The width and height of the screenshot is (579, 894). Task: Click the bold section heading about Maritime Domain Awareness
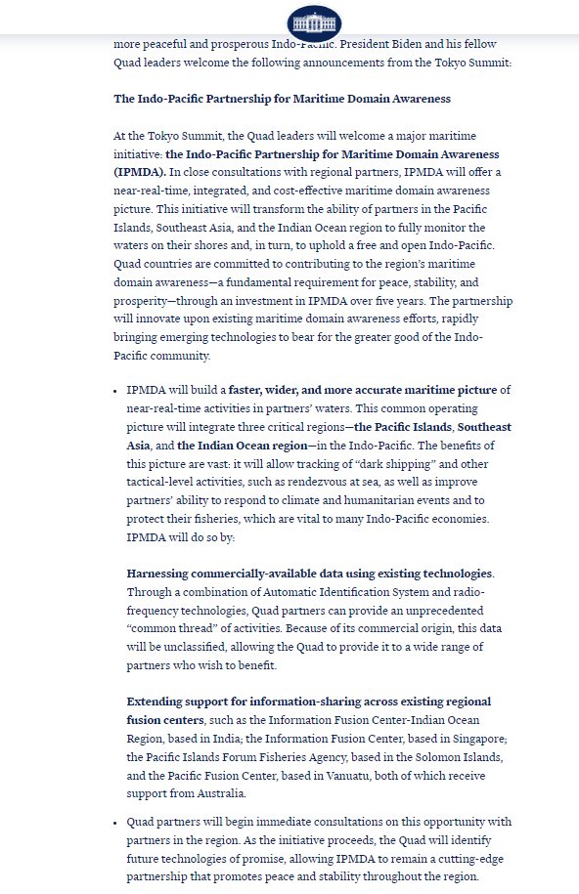click(283, 99)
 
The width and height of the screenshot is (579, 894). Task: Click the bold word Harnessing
click(161, 574)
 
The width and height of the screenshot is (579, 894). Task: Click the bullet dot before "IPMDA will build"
click(117, 391)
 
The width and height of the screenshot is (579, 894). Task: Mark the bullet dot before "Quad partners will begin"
click(117, 823)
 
